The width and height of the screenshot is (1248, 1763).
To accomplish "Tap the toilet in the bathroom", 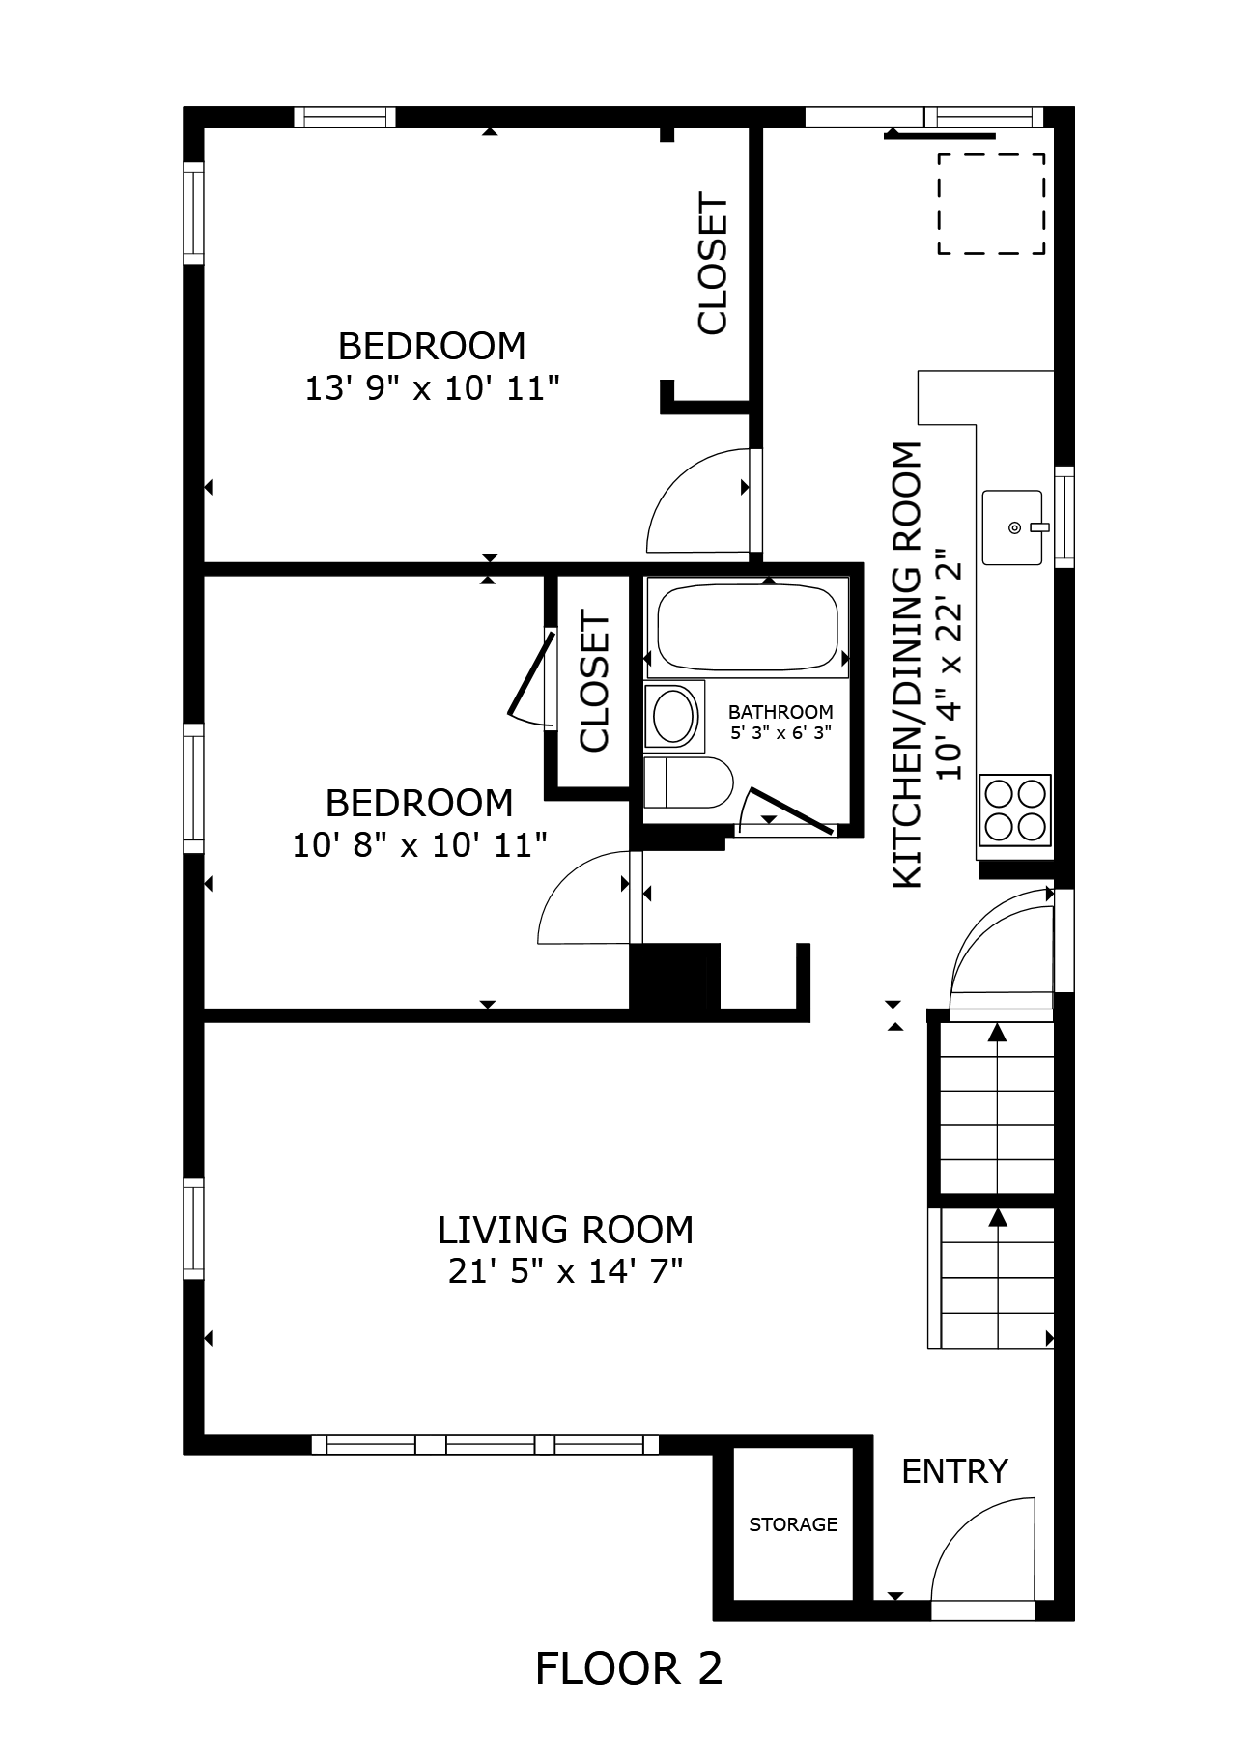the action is (x=687, y=782).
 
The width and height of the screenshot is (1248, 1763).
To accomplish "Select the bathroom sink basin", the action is (x=674, y=716).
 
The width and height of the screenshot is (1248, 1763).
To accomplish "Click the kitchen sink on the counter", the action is (x=1013, y=527).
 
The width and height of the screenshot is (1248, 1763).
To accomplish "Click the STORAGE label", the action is (x=793, y=1524).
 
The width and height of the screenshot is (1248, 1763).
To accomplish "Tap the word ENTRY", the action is (x=954, y=1471).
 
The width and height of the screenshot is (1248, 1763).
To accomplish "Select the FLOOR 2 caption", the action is (x=629, y=1668).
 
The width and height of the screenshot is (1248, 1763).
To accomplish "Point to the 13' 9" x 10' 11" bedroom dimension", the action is (x=433, y=388).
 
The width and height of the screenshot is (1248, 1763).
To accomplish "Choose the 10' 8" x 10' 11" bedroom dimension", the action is (x=420, y=845).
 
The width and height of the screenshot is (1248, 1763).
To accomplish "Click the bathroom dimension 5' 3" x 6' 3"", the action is (x=780, y=732).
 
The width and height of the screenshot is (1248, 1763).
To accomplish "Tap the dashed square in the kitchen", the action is (x=991, y=204).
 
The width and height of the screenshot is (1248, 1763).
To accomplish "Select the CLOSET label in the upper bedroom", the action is (x=712, y=266).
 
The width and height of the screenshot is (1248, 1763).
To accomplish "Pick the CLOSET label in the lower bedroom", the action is (x=594, y=682).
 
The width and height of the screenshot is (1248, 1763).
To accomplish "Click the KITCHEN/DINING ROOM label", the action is (x=907, y=665).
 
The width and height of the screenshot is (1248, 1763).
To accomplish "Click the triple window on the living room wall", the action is (x=485, y=1444).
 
